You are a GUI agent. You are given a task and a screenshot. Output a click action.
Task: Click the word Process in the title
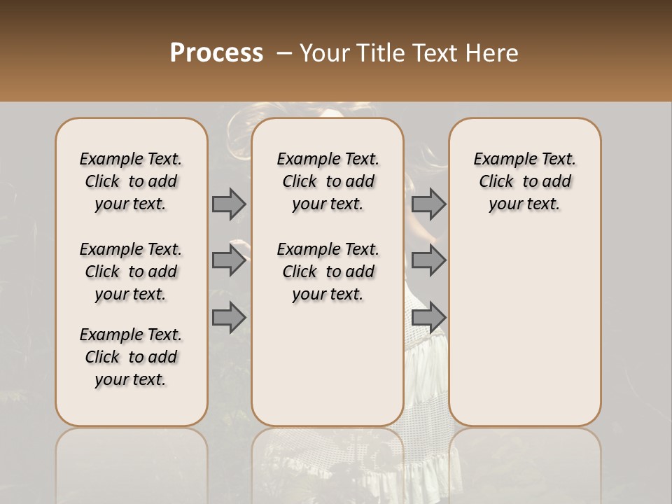[216, 52]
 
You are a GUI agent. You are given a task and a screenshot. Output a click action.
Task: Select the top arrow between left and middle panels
[229, 204]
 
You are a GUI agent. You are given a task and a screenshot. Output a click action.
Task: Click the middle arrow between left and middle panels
[229, 260]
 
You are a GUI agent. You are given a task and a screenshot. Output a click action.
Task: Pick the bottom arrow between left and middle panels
[229, 317]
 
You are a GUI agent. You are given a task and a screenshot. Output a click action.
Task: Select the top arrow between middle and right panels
[428, 204]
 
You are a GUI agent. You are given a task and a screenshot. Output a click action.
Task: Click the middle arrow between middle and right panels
[428, 260]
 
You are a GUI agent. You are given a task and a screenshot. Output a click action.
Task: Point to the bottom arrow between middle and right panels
[428, 317]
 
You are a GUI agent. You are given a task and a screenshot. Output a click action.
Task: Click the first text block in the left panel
[131, 181]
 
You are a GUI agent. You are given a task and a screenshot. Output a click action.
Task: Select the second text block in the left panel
[131, 272]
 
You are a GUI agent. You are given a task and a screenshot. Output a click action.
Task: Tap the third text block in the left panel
[131, 357]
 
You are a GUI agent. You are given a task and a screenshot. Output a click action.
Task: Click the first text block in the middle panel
[328, 181]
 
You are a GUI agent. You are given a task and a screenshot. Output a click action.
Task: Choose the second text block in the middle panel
[328, 272]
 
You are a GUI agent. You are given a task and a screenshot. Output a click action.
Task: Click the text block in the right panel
[524, 181]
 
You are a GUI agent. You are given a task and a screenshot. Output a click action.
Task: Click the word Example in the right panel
[502, 160]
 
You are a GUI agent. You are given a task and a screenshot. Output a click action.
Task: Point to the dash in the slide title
[284, 53]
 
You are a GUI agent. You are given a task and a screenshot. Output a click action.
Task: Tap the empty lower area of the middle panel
[328, 364]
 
